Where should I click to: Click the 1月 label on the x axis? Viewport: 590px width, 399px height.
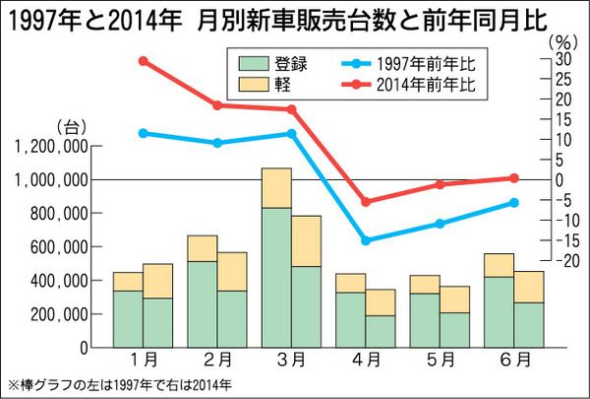point(143,362)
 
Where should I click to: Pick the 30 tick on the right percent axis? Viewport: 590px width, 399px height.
point(561,61)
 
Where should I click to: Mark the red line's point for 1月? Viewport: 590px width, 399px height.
point(144,61)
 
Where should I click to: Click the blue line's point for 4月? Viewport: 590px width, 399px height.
point(366,240)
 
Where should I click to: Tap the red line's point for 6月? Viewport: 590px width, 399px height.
point(513,178)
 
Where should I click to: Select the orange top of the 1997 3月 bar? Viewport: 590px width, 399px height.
point(276,187)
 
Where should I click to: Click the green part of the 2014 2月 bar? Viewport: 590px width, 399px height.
point(232,318)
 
